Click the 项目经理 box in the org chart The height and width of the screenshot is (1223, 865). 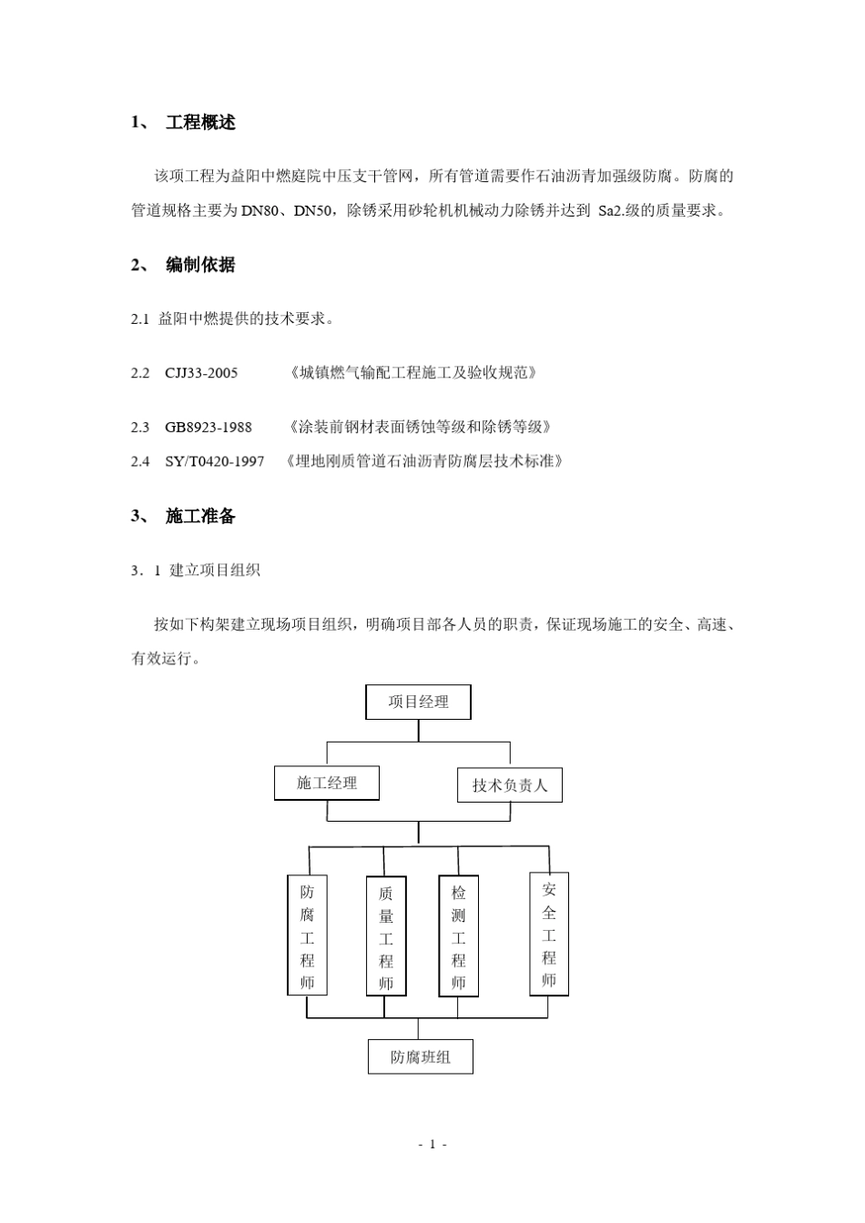[418, 702]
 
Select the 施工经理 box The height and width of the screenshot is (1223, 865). [326, 783]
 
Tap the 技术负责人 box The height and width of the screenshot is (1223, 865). [509, 785]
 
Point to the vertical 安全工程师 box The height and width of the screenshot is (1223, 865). [549, 935]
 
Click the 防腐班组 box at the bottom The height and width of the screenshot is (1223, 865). [420, 1057]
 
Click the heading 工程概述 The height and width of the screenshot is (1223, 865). [200, 123]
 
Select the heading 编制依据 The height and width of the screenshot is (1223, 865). [200, 265]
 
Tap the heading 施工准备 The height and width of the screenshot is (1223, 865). [200, 516]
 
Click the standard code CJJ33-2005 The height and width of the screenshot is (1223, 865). [201, 373]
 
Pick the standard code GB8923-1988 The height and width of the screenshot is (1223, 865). [209, 427]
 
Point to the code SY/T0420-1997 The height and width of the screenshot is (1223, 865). [215, 461]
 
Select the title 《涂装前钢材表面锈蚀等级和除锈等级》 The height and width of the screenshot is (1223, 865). [419, 427]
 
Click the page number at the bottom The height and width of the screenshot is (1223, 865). [432, 1144]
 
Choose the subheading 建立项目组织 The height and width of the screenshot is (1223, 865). [215, 571]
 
